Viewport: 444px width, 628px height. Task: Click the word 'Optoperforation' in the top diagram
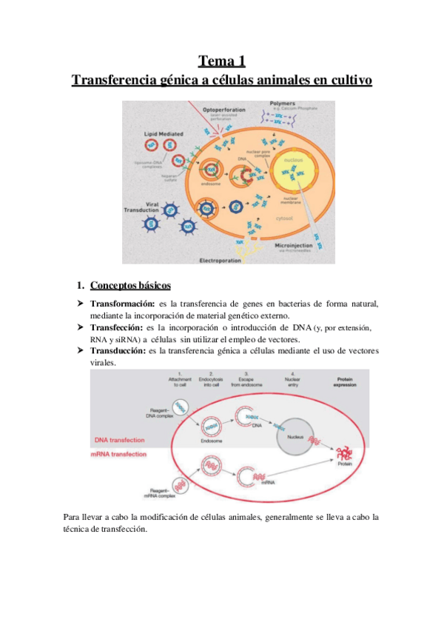click(222, 107)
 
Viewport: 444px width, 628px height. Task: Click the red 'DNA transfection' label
click(123, 441)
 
